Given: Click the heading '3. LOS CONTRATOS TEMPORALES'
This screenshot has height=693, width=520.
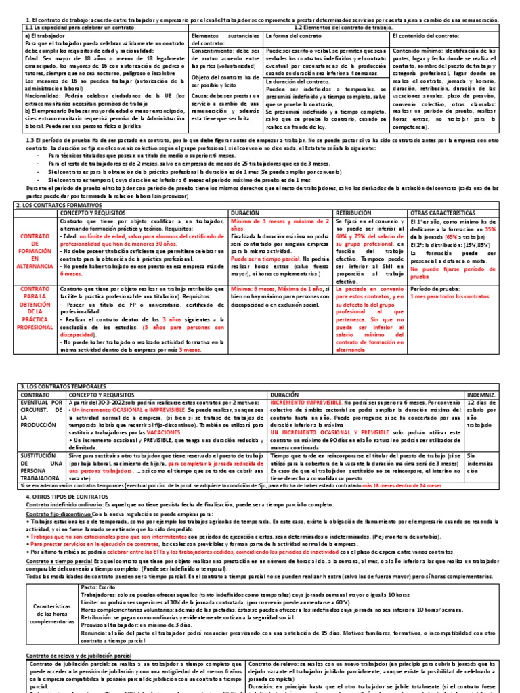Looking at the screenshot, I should (59, 385).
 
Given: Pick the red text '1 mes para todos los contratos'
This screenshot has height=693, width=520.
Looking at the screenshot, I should (449, 296).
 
